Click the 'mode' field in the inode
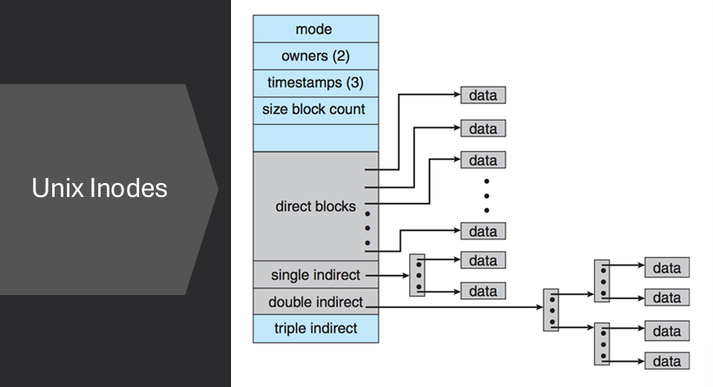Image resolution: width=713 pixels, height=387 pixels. coord(315,30)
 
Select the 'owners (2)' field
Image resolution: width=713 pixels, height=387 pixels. coord(315,56)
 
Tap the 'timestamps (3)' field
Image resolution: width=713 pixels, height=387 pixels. coord(315,83)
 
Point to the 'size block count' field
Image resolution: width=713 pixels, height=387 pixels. coord(315,110)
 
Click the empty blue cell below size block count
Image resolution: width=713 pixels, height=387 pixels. coord(315,137)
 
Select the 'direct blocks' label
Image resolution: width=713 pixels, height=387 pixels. coord(315,207)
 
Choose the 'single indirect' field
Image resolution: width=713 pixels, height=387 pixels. coord(315,274)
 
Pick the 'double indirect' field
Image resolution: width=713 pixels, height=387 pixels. coord(315,302)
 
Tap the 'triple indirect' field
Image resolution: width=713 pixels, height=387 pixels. coord(315,328)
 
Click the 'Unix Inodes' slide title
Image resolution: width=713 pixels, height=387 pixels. coord(99,188)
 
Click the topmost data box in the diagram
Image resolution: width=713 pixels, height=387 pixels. coord(483,95)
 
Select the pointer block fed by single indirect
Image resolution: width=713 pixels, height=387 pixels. coord(417,275)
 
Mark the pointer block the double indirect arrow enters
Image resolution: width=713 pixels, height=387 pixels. coord(551,310)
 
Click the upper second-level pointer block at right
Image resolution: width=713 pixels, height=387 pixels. coord(602,280)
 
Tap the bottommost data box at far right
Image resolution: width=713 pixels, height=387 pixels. coord(666,360)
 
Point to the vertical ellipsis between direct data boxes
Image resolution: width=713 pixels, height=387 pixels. coord(486,195)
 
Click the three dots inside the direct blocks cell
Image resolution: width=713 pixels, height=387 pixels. coord(367,227)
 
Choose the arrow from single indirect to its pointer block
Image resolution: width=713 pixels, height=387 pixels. coord(386,275)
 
